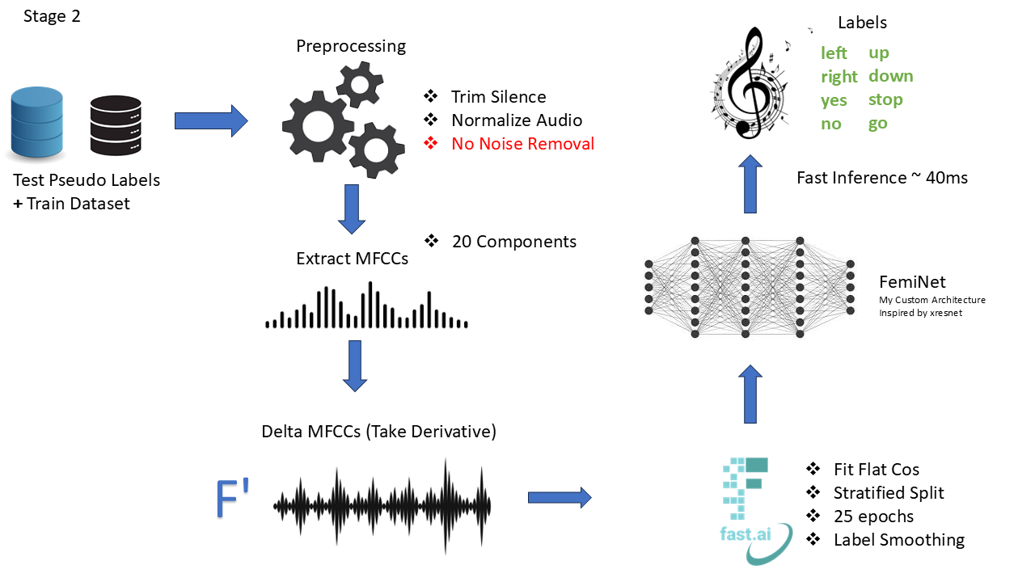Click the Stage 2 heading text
(52, 16)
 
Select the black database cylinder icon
(116, 126)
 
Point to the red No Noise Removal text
(522, 144)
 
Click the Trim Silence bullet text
(498, 97)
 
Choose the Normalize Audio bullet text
(516, 120)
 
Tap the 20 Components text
(514, 242)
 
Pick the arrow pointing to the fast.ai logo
(560, 498)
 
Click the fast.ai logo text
(744, 533)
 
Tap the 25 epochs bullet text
(873, 517)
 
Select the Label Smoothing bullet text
(898, 540)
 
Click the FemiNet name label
(912, 282)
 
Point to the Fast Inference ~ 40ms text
(881, 178)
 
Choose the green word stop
(885, 100)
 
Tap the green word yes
(834, 100)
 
